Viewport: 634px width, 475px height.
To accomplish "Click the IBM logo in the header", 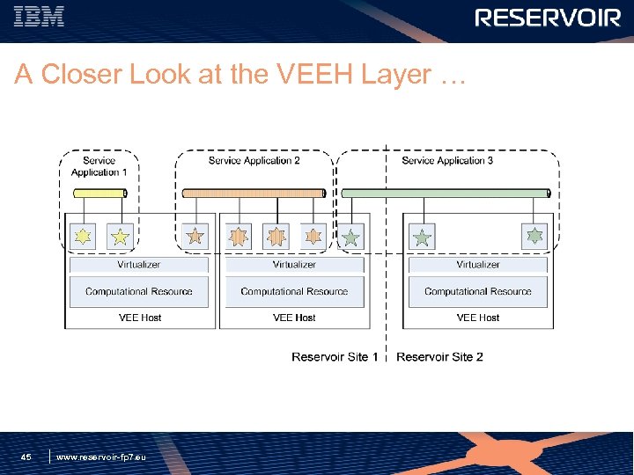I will click(40, 18).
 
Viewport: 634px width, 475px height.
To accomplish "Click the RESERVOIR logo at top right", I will click(548, 18).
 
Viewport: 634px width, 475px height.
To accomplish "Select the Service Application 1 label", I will click(99, 166).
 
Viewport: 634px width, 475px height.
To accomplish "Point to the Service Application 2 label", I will click(254, 161).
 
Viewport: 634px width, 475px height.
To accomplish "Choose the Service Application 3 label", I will click(447, 161).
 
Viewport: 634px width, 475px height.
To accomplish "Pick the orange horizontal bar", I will click(254, 193).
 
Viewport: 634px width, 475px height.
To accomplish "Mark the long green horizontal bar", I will click(446, 193).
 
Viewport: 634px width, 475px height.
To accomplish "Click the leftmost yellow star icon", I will click(83, 236).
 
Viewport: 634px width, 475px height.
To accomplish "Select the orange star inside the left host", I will click(195, 236).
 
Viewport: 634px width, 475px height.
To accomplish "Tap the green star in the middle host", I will click(351, 237).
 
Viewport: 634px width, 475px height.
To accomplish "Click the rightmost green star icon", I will click(534, 236).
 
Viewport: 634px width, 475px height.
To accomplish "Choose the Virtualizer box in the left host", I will click(139, 265).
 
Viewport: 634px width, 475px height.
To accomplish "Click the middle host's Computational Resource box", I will click(294, 291).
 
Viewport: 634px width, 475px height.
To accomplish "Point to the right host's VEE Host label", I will click(478, 318).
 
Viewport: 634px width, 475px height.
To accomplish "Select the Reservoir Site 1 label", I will click(335, 357).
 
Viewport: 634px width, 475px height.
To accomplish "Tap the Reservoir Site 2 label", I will click(439, 357).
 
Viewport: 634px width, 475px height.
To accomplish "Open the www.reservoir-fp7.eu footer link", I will click(100, 457).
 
